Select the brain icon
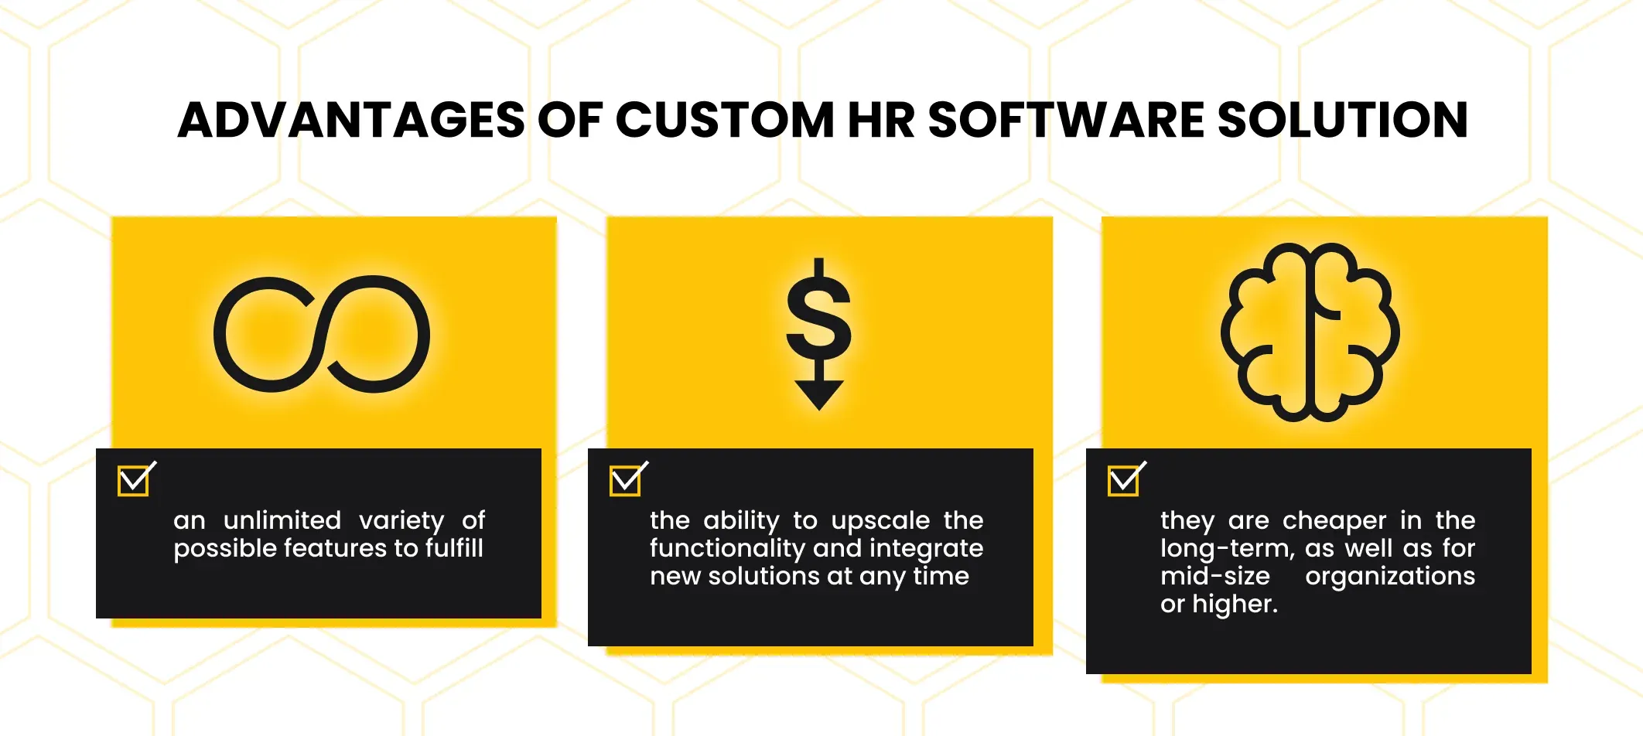point(1310,332)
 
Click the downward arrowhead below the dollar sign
point(819,395)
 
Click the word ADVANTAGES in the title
point(351,121)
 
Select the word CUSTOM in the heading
point(724,121)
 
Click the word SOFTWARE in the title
point(1066,121)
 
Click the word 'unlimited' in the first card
point(282,520)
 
